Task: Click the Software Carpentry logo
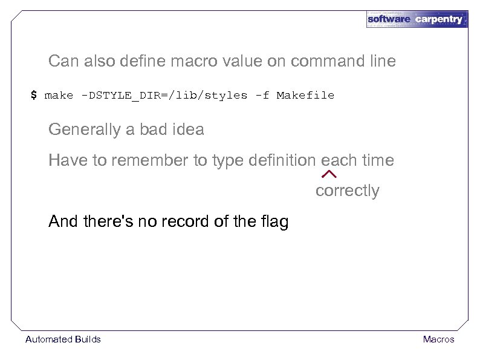click(x=417, y=19)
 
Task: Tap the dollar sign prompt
click(x=34, y=95)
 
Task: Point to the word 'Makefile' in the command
click(x=305, y=95)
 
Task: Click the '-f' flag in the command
click(x=262, y=95)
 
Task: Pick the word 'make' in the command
click(x=59, y=95)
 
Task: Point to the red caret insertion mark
click(x=329, y=174)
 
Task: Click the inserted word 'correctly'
click(x=347, y=191)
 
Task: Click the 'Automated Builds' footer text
click(x=63, y=339)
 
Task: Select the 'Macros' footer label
click(x=438, y=339)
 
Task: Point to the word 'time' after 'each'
click(x=377, y=160)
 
